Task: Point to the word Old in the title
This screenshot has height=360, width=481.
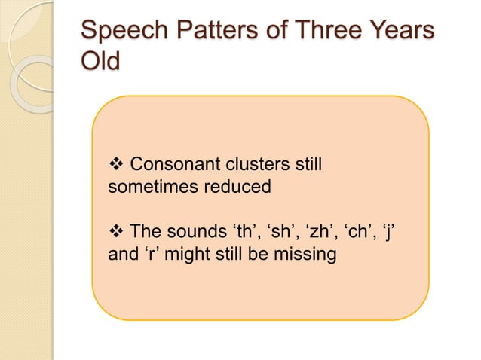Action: (x=100, y=62)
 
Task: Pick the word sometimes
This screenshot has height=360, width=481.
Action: (x=154, y=187)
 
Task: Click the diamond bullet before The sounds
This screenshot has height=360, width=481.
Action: (x=116, y=232)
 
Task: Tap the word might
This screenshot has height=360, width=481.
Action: (x=180, y=255)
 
